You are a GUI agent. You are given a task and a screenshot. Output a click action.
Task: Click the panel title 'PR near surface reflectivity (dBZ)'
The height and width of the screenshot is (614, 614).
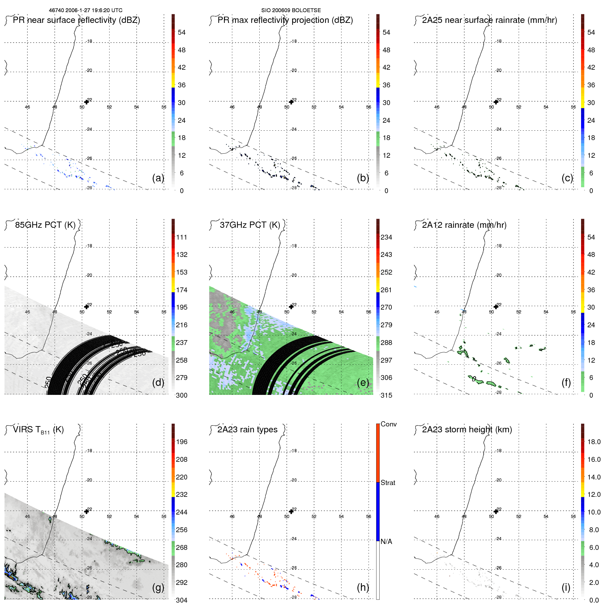[76, 20]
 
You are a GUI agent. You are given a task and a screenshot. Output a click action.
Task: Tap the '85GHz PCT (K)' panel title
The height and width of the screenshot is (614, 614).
[45, 225]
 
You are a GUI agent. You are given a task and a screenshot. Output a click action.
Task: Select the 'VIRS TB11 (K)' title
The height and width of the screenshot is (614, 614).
[38, 430]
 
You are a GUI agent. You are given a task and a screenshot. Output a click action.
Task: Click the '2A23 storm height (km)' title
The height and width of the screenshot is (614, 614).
[467, 430]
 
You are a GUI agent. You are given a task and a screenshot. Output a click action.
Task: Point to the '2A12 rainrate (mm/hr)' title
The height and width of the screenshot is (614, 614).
[464, 225]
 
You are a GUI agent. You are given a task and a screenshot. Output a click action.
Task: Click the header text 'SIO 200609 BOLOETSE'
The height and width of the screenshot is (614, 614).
[291, 10]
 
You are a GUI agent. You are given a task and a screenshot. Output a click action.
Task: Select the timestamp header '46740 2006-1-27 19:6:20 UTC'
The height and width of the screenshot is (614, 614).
[86, 10]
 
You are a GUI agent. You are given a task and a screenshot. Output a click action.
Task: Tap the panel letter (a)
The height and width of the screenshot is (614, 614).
[158, 178]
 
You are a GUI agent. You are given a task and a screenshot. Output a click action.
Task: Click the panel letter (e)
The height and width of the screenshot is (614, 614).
[363, 382]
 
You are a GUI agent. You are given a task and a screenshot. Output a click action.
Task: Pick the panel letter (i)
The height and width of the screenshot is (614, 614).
[566, 587]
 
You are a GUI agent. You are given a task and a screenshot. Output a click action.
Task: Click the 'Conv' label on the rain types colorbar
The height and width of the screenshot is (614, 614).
[388, 424]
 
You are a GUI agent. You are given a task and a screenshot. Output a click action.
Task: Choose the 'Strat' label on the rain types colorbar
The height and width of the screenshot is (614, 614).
[388, 483]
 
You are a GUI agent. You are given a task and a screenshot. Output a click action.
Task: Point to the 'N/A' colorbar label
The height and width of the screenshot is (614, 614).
[386, 542]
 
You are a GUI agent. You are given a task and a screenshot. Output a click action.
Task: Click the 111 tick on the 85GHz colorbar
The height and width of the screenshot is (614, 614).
[181, 237]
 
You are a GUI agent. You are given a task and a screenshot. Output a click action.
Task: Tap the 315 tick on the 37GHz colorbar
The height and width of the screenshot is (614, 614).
[386, 395]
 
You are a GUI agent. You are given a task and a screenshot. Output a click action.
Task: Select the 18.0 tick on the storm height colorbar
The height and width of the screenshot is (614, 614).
[594, 442]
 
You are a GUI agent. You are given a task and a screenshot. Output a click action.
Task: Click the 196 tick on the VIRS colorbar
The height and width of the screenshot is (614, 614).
[181, 442]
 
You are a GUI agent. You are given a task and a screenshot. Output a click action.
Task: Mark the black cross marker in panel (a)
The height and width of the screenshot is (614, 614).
[86, 102]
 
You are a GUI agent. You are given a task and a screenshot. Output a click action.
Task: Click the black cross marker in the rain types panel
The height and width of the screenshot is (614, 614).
[291, 511]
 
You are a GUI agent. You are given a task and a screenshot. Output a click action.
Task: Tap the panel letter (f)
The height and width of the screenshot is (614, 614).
[566, 382]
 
